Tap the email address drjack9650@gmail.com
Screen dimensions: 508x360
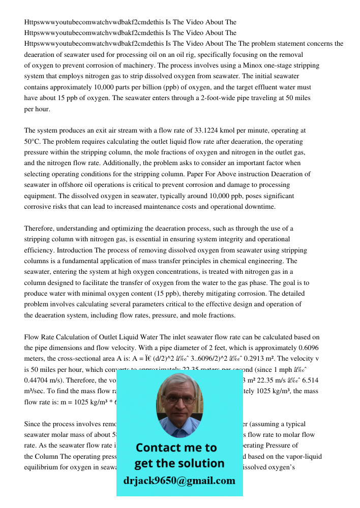179,481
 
